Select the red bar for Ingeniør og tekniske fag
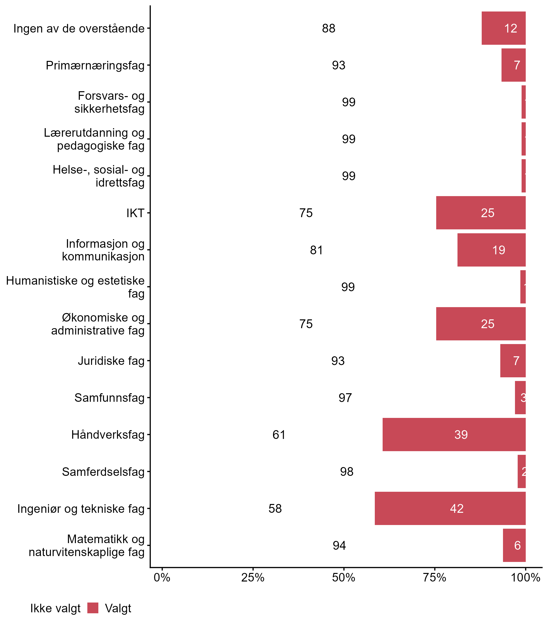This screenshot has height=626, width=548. (450, 508)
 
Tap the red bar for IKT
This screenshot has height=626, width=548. (480, 213)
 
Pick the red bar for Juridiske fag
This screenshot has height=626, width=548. (513, 361)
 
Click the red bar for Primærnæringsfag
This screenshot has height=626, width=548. (513, 65)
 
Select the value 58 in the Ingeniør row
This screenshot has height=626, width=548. (275, 508)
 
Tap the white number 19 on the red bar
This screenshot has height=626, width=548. (499, 250)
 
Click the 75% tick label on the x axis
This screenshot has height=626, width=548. (434, 577)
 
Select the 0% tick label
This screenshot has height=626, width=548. (162, 577)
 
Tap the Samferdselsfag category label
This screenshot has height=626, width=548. (103, 472)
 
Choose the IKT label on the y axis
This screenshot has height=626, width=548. (135, 213)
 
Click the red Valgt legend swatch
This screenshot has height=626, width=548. (93, 608)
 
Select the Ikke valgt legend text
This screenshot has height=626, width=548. (55, 608)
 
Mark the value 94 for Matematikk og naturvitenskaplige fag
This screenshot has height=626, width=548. (339, 545)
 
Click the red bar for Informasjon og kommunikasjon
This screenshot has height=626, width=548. (491, 250)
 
